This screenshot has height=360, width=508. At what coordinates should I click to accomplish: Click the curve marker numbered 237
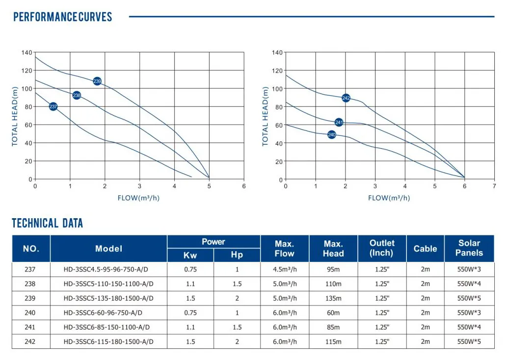coord(53,106)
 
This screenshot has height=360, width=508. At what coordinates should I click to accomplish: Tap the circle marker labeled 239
coord(97,81)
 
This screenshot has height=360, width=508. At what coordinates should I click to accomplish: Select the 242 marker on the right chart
coord(346,98)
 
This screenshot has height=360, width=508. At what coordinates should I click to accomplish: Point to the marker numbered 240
coord(331,134)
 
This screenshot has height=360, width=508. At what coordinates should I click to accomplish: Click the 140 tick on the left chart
coord(27,52)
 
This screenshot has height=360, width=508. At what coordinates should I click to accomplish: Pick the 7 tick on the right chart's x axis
coord(494,186)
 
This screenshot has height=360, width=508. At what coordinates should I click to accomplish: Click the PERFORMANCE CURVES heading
coord(62,17)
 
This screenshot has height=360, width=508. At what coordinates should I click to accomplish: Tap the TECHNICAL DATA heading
coord(48,224)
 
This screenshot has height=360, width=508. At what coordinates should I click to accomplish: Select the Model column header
coord(108,249)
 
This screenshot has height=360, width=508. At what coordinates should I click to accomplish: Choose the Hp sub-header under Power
coord(237,255)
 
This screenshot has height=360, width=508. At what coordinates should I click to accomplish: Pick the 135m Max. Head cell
coord(333,298)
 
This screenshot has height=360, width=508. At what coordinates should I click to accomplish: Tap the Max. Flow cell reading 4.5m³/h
coord(284,269)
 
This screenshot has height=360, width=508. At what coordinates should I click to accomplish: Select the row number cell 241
coord(30,327)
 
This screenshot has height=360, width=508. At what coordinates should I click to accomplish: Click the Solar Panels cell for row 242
coord(469,341)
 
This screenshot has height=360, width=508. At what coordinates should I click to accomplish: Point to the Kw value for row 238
coord(190,283)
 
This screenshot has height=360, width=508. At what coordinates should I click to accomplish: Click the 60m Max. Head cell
coord(333,312)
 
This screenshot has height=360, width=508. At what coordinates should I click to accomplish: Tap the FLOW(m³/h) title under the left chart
coord(139,198)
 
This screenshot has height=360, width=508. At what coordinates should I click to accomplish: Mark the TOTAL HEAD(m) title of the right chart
coord(266,117)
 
